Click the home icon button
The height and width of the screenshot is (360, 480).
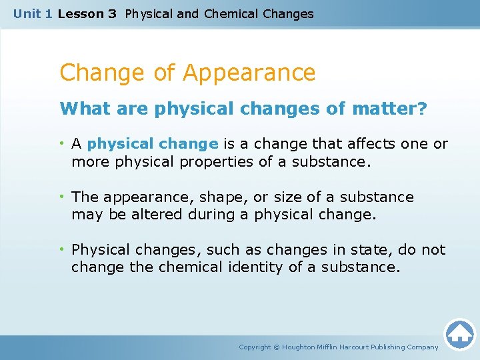(459, 334)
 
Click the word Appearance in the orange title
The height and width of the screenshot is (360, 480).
(249, 72)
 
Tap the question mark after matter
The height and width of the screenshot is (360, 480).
(421, 109)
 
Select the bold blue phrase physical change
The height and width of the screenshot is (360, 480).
(153, 143)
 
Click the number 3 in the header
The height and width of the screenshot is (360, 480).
(111, 13)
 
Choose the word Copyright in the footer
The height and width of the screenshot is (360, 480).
(255, 347)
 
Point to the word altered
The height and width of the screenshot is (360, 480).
(147, 215)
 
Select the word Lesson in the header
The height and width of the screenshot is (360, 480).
(79, 13)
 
